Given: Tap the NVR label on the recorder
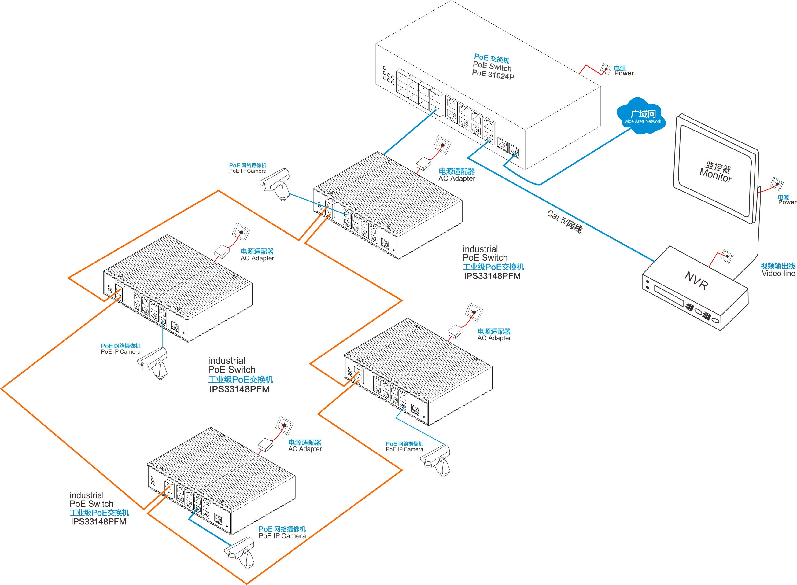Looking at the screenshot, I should click(x=696, y=281).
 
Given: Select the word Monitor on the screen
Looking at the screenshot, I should click(x=716, y=175).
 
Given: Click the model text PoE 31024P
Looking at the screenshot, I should click(x=493, y=74).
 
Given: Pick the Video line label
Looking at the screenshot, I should click(x=778, y=273).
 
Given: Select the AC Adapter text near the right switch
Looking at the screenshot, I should click(x=494, y=338).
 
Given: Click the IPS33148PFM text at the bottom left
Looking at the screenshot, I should click(x=98, y=522).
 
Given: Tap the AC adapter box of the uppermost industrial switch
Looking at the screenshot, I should click(x=423, y=163).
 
